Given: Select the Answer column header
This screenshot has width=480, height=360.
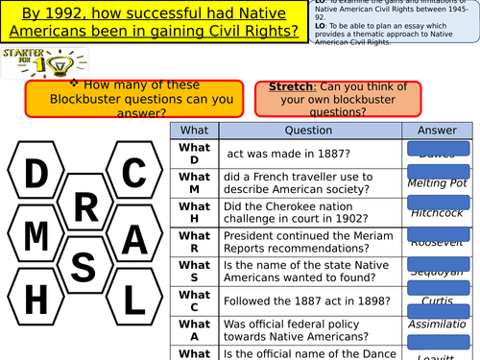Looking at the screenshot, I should point(437,130).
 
